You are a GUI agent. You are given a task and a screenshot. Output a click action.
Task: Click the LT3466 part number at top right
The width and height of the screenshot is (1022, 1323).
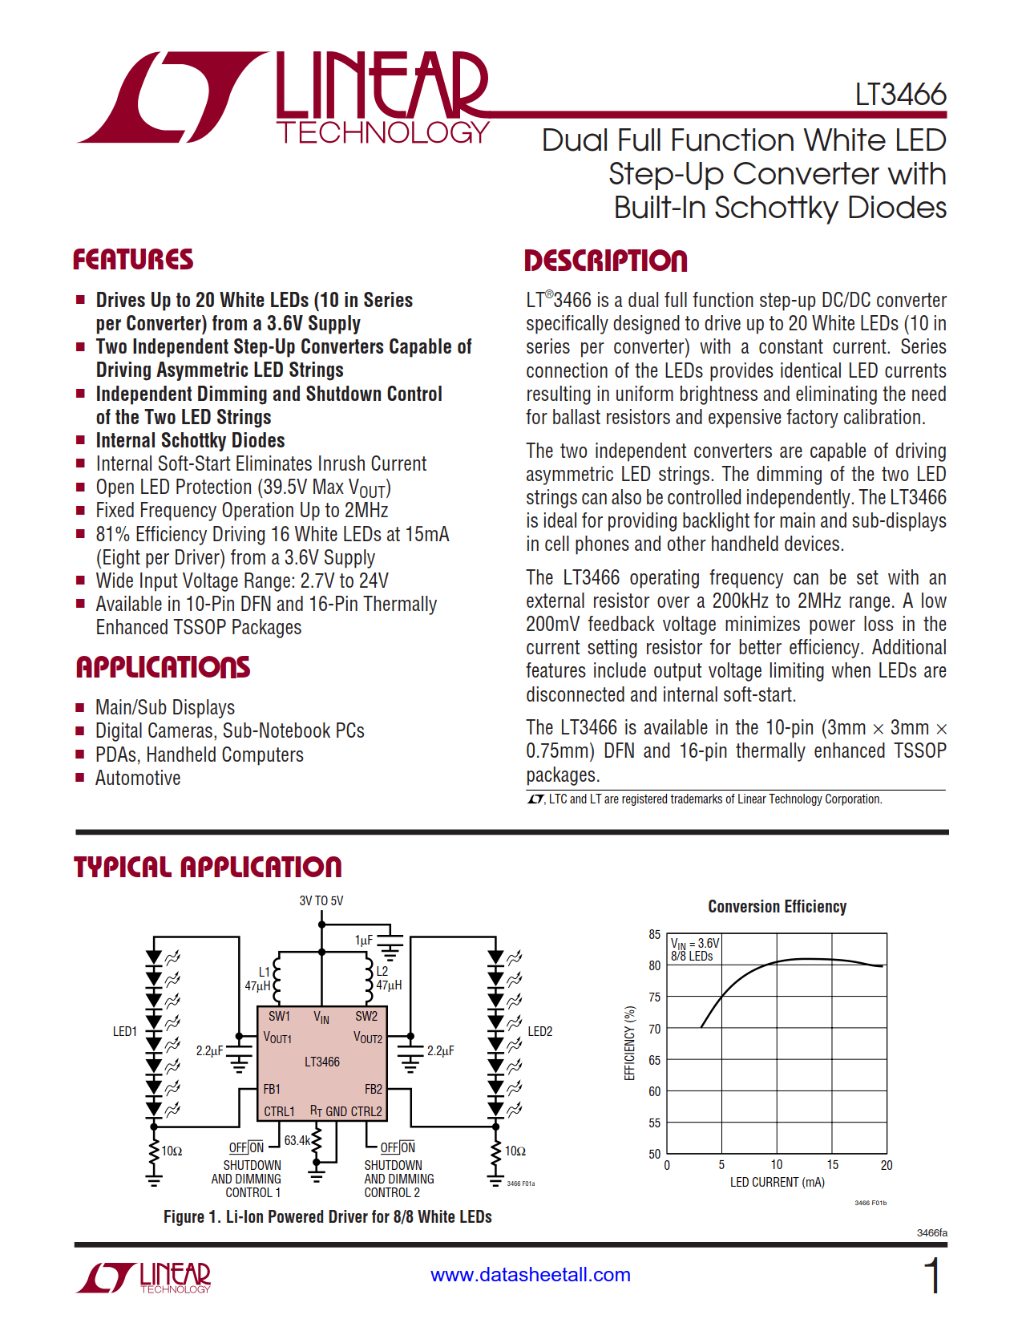900,95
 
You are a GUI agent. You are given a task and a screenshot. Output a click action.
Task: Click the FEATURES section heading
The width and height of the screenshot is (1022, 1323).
133,260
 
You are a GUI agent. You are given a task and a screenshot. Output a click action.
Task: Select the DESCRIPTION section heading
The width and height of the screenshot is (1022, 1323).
606,261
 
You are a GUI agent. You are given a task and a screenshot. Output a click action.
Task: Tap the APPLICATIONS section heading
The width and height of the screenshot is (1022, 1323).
163,667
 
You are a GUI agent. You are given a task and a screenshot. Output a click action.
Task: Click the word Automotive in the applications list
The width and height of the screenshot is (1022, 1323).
138,778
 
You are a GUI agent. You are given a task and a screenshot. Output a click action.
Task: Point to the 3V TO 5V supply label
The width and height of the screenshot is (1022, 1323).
321,900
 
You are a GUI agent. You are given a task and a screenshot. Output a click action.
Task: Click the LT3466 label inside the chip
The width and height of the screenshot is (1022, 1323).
322,1062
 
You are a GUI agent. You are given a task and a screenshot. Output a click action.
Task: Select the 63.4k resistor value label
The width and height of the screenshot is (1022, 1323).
297,1140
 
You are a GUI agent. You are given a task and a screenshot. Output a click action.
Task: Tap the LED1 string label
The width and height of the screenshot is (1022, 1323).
125,1031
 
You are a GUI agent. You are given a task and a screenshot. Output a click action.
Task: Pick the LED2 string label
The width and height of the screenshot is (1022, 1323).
539,1031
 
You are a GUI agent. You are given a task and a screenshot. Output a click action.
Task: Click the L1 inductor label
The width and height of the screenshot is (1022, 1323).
265,972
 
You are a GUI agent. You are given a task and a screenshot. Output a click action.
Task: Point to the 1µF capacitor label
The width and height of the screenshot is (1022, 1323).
364,940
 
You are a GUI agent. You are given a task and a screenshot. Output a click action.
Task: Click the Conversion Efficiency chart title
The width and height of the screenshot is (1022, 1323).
777,906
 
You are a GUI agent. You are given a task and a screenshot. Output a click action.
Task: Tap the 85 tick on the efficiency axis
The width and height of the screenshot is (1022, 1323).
655,934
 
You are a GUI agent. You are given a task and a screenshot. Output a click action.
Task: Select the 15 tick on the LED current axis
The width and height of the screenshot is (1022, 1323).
832,1165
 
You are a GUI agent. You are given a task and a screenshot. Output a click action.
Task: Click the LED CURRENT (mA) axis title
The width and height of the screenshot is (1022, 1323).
777,1182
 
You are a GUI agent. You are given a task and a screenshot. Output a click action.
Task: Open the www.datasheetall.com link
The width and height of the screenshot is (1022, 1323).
531,1275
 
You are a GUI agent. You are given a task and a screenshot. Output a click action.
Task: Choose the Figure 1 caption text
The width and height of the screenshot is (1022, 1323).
327,1216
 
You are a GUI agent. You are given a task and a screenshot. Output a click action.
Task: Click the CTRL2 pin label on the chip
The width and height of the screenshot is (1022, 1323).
366,1111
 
